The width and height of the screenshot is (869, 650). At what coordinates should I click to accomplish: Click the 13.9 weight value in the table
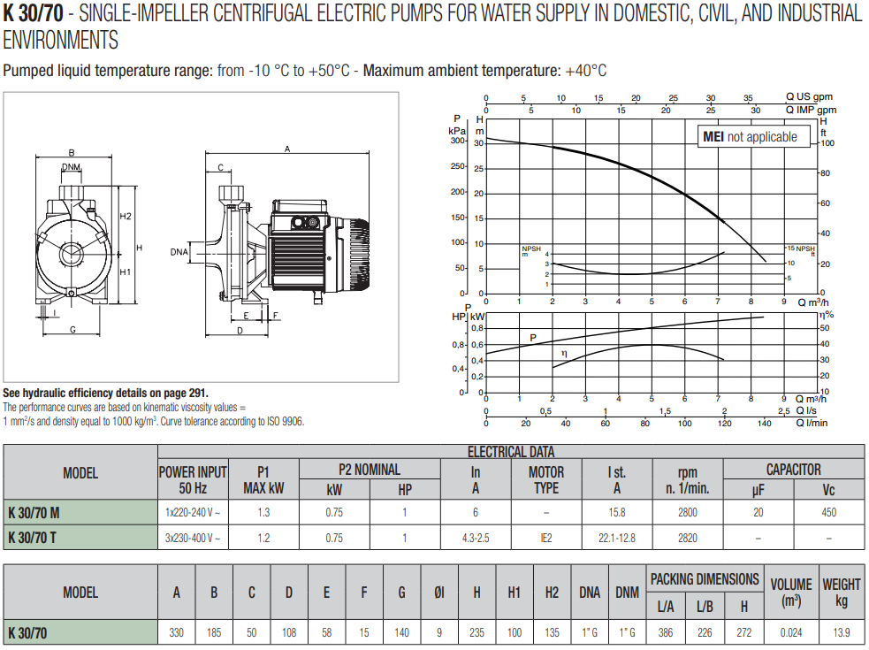[x=841, y=632]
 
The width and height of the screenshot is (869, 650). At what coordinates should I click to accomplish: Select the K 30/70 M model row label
[x=34, y=512]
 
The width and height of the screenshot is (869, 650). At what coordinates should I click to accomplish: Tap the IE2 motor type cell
[x=545, y=537]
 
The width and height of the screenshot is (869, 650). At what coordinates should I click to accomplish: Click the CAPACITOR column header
[x=793, y=470]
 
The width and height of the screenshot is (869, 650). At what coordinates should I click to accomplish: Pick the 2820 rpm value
[x=687, y=537]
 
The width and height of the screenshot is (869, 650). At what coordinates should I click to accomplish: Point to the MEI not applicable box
[x=750, y=137]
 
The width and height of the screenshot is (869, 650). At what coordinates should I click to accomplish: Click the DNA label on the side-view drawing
[x=179, y=252]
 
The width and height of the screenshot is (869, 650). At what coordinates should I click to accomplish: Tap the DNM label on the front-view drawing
[x=72, y=167]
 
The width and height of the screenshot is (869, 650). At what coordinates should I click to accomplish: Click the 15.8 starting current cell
[x=616, y=512]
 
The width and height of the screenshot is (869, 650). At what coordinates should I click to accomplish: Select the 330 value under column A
[x=177, y=632]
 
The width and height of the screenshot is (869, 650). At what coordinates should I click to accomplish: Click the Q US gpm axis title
[x=809, y=96]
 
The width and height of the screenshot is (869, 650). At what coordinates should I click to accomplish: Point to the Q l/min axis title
[x=812, y=422]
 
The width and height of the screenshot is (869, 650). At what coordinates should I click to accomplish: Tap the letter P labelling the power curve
[x=533, y=337]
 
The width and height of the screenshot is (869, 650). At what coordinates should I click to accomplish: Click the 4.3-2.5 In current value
[x=475, y=537]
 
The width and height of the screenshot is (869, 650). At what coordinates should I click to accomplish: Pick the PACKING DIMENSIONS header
[x=705, y=579]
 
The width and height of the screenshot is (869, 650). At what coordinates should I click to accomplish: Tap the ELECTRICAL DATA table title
[x=511, y=452]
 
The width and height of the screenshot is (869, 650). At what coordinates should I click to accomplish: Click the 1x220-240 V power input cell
[x=193, y=512]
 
